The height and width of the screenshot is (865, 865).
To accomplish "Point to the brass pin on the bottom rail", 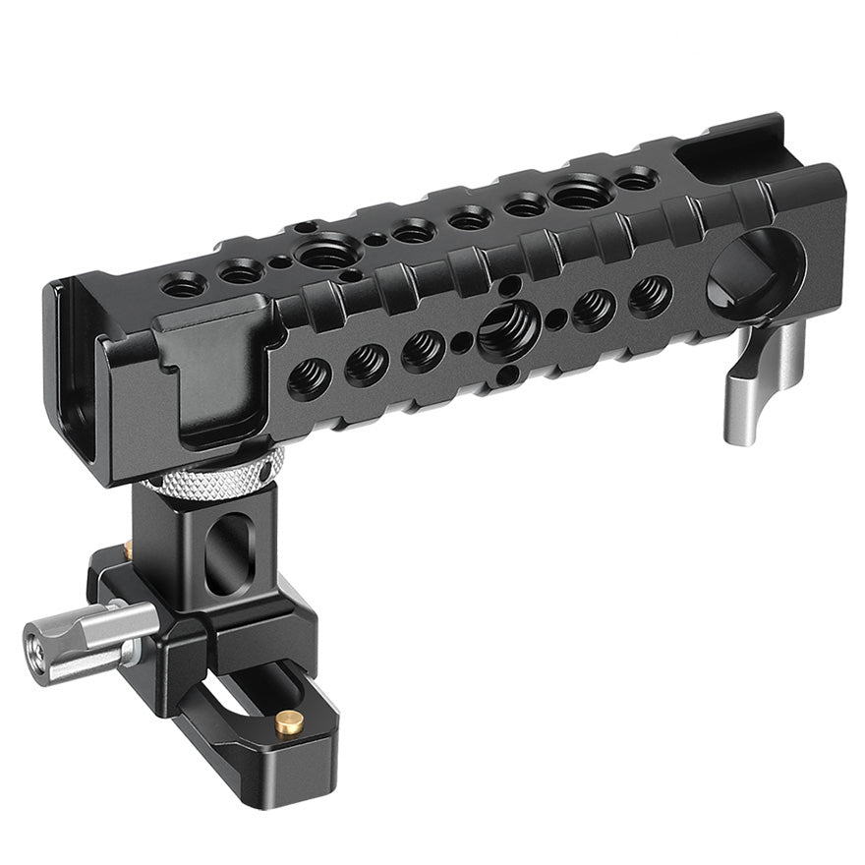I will (x=288, y=725).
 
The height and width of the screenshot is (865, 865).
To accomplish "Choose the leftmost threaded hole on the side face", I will (x=309, y=378).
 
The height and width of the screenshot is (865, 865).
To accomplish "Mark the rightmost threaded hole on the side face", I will (x=650, y=293).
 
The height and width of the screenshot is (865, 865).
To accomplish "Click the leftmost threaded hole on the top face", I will (x=184, y=285).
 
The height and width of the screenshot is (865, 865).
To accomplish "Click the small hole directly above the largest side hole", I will (x=508, y=286).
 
